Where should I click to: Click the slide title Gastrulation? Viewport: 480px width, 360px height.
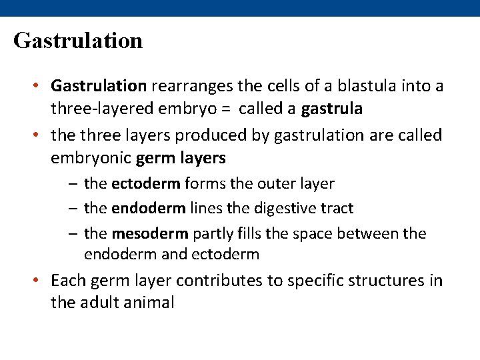(x=78, y=41)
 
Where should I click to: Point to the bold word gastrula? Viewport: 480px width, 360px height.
(x=332, y=109)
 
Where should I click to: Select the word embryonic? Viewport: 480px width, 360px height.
(x=91, y=158)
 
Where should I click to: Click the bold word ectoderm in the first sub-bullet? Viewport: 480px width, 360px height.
(x=145, y=183)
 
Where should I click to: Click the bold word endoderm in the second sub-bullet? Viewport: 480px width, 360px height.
(x=149, y=208)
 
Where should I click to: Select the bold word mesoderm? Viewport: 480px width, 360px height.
(x=150, y=233)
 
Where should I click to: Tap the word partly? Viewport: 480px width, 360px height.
(x=215, y=233)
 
